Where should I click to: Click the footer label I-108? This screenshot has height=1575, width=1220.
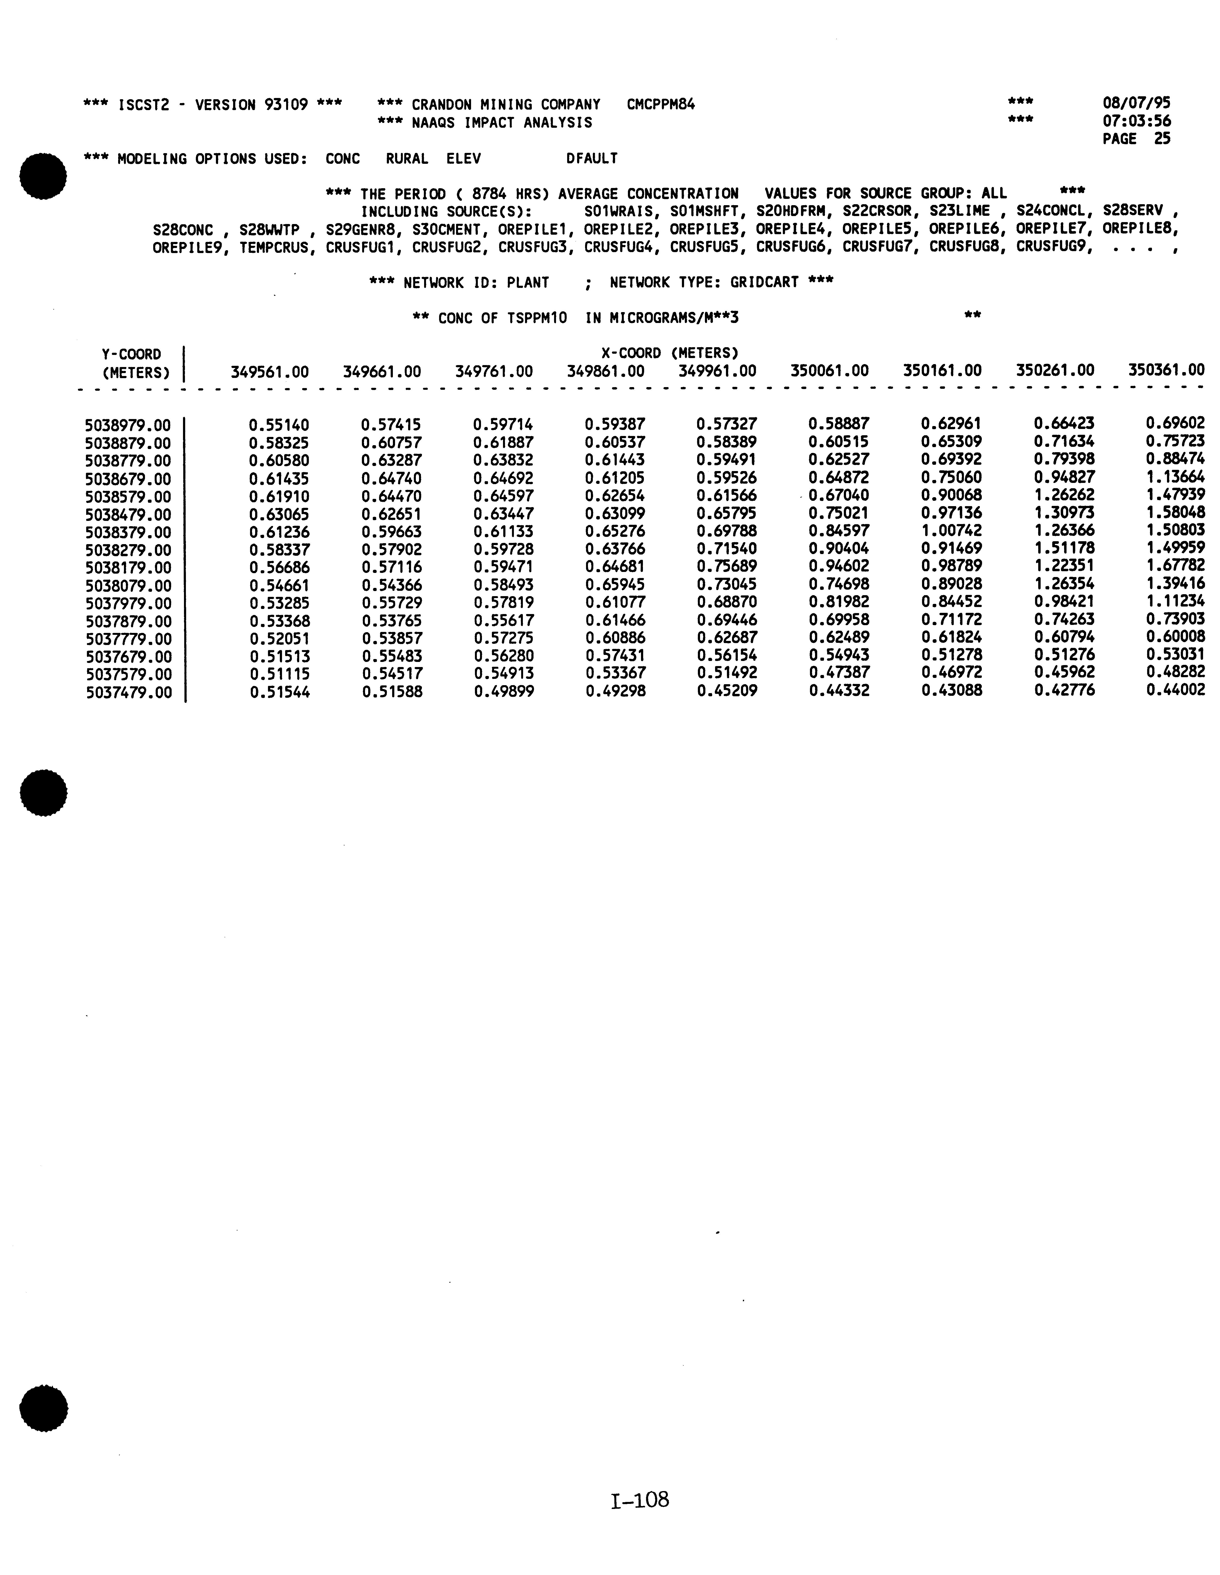[x=639, y=1501]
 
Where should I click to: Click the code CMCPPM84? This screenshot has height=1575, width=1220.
[x=660, y=105]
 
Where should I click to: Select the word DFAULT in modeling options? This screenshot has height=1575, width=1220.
[x=592, y=159]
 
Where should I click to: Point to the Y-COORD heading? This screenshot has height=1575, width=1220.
[x=131, y=354]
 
